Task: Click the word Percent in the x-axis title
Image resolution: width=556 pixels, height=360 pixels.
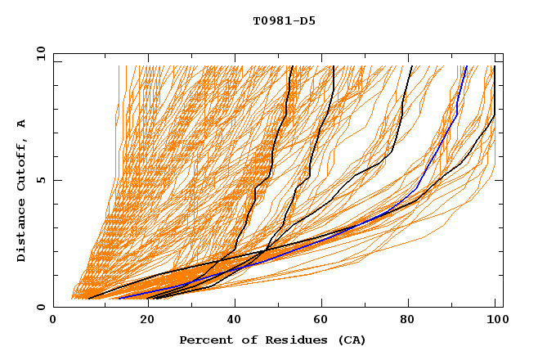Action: pyautogui.click(x=202, y=340)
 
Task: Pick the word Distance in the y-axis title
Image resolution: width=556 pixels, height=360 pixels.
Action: pyautogui.click(x=22, y=233)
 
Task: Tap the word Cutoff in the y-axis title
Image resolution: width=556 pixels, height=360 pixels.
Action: pyautogui.click(x=22, y=164)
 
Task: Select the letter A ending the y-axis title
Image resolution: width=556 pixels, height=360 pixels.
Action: pyautogui.click(x=22, y=123)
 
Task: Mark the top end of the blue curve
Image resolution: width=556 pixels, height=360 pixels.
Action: pyautogui.click(x=467, y=66)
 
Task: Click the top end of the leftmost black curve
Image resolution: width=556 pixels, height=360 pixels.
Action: pyautogui.click(x=290, y=66)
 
